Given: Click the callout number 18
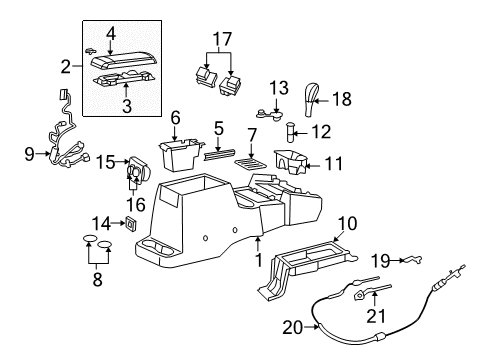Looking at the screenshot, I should [x=343, y=98].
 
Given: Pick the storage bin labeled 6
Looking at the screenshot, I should [x=180, y=156].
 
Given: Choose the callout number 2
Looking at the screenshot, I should [x=67, y=67].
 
